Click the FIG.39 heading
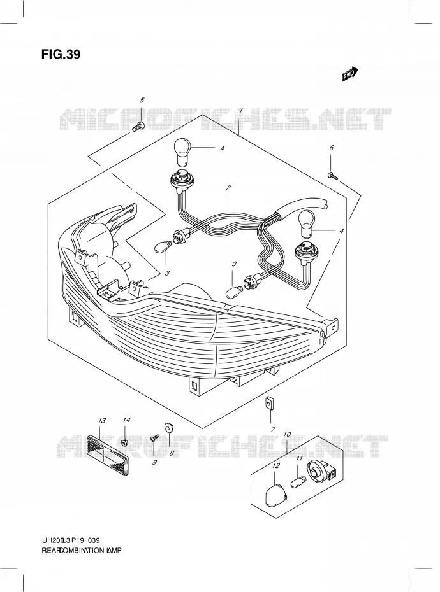[x=61, y=55]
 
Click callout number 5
[x=142, y=100]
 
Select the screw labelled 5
[x=138, y=127]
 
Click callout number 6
[x=332, y=148]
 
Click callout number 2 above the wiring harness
[x=228, y=188]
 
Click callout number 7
[x=273, y=429]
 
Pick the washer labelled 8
[x=168, y=427]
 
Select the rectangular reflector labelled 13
[x=108, y=451]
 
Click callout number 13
[x=101, y=420]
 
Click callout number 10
[x=287, y=434]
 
